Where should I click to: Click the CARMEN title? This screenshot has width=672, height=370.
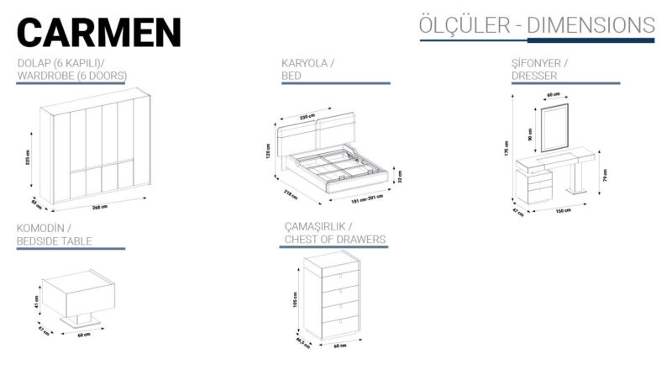pyautogui.click(x=98, y=31)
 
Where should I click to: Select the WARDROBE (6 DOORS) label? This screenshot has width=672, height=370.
pyautogui.click(x=71, y=77)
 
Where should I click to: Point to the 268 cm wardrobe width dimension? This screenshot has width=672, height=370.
pyautogui.click(x=99, y=206)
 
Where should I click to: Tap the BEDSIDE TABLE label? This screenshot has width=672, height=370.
pyautogui.click(x=55, y=241)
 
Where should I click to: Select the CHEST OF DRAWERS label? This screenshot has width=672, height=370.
pyautogui.click(x=334, y=240)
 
